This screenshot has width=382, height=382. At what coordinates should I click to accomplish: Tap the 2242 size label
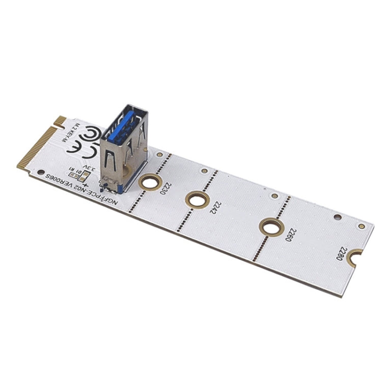(217, 208)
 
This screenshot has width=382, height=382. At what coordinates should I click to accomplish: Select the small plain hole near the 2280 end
(337, 217)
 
